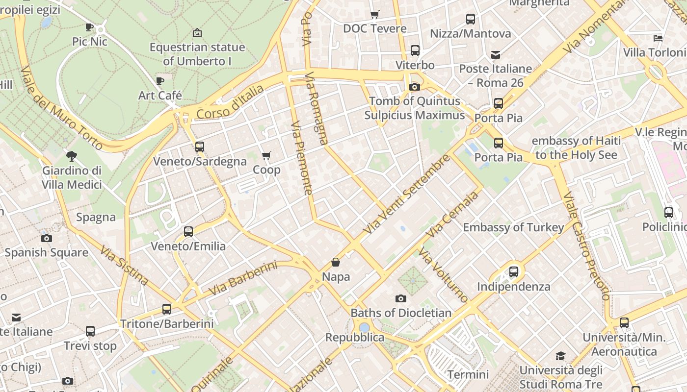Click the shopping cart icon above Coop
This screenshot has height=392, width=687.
pos(266,155)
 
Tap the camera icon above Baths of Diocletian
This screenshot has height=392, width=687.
pos(401,298)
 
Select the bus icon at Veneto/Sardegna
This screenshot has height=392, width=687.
pos(199,147)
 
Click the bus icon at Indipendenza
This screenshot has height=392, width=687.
pos(514,271)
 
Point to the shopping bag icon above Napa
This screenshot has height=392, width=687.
pos(336,262)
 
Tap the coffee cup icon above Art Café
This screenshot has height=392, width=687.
pos(159,81)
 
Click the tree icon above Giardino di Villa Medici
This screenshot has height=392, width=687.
pos(72,156)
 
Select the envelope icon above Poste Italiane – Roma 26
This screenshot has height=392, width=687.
pos(496,54)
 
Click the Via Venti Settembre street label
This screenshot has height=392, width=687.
pos(407,195)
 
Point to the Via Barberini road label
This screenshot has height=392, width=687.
pos(243,278)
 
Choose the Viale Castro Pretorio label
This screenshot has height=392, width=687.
pos(586,246)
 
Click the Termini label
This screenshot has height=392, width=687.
pos(468,375)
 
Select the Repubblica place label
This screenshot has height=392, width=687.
pos(355,338)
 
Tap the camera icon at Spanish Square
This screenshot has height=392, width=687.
pos(47,238)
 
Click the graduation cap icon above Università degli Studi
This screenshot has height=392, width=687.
pos(560,356)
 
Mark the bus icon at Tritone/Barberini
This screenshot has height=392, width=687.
pos(167,309)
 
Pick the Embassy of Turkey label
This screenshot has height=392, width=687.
pos(513,227)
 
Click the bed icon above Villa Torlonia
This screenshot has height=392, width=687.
pos(658,38)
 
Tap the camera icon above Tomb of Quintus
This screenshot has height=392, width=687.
pos(415,87)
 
